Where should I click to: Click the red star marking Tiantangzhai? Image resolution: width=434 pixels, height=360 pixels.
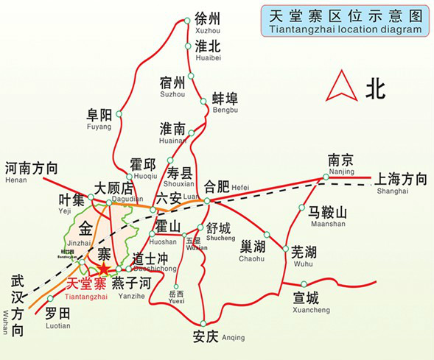tap(103, 271)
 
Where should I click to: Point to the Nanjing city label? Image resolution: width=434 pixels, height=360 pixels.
tap(342, 164)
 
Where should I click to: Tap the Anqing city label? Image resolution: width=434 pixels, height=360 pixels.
tap(209, 336)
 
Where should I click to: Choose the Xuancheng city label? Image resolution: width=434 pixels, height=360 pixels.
tap(307, 300)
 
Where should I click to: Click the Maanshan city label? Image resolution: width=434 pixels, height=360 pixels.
tap(327, 216)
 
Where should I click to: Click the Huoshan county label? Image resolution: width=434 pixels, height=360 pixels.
tap(164, 230)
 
